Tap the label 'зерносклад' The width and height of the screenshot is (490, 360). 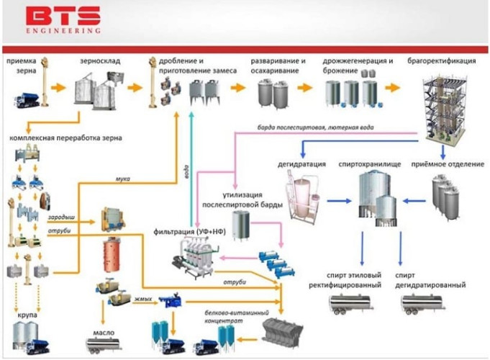(100, 63)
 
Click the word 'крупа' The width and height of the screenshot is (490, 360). (27, 315)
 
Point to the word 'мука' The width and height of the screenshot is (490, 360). (124, 177)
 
